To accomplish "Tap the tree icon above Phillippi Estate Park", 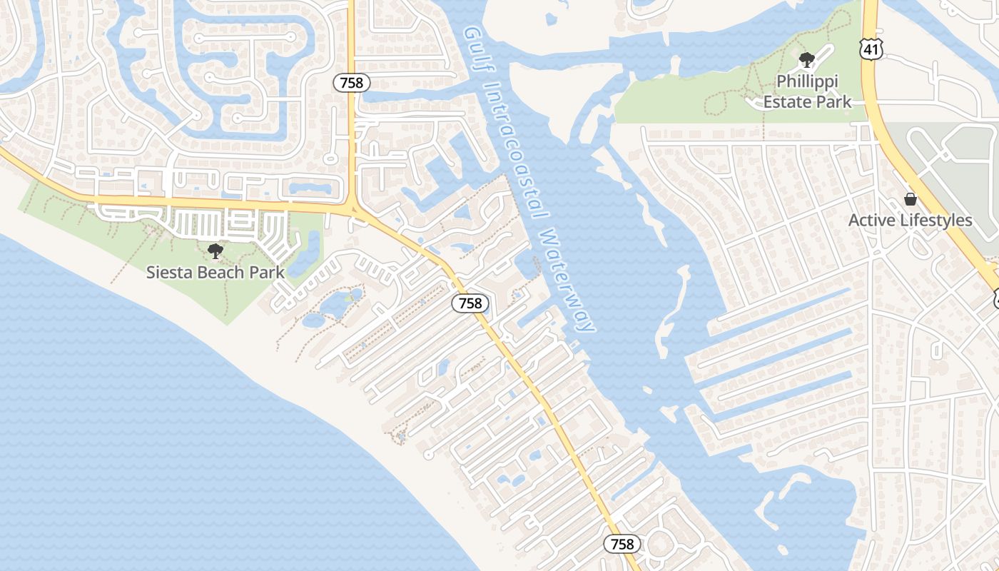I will click(x=807, y=60).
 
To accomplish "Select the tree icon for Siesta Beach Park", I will click(x=215, y=251).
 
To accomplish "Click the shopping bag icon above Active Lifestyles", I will click(x=910, y=199).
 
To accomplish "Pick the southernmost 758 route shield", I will click(x=622, y=544).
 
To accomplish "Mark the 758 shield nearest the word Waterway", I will click(x=470, y=303).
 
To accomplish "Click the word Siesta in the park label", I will click(x=169, y=272).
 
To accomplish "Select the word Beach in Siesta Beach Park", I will click(x=223, y=272).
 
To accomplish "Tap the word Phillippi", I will click(x=807, y=81).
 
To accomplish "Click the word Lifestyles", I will click(x=935, y=221).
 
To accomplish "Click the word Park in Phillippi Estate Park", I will click(x=836, y=101).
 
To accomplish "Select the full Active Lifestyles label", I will click(x=910, y=221).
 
